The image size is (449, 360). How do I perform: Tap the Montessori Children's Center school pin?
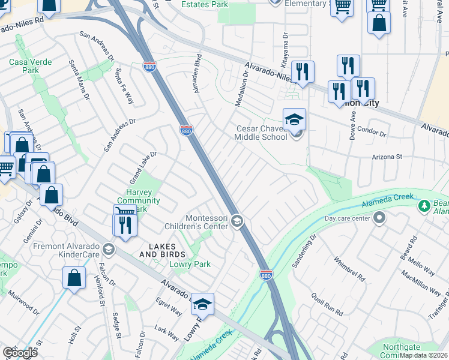pyautogui.click(x=237, y=223)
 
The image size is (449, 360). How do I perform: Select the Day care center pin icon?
pyautogui.click(x=379, y=219)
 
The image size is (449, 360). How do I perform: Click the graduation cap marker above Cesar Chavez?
pyautogui.click(x=295, y=120)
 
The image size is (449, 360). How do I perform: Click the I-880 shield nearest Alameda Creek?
pyautogui.click(x=267, y=274)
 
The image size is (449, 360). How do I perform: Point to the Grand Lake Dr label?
pyautogui.click(x=143, y=167)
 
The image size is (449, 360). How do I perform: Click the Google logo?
pyautogui.click(x=20, y=353)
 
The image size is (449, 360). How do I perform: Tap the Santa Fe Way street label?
pyautogui.click(x=124, y=86)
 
